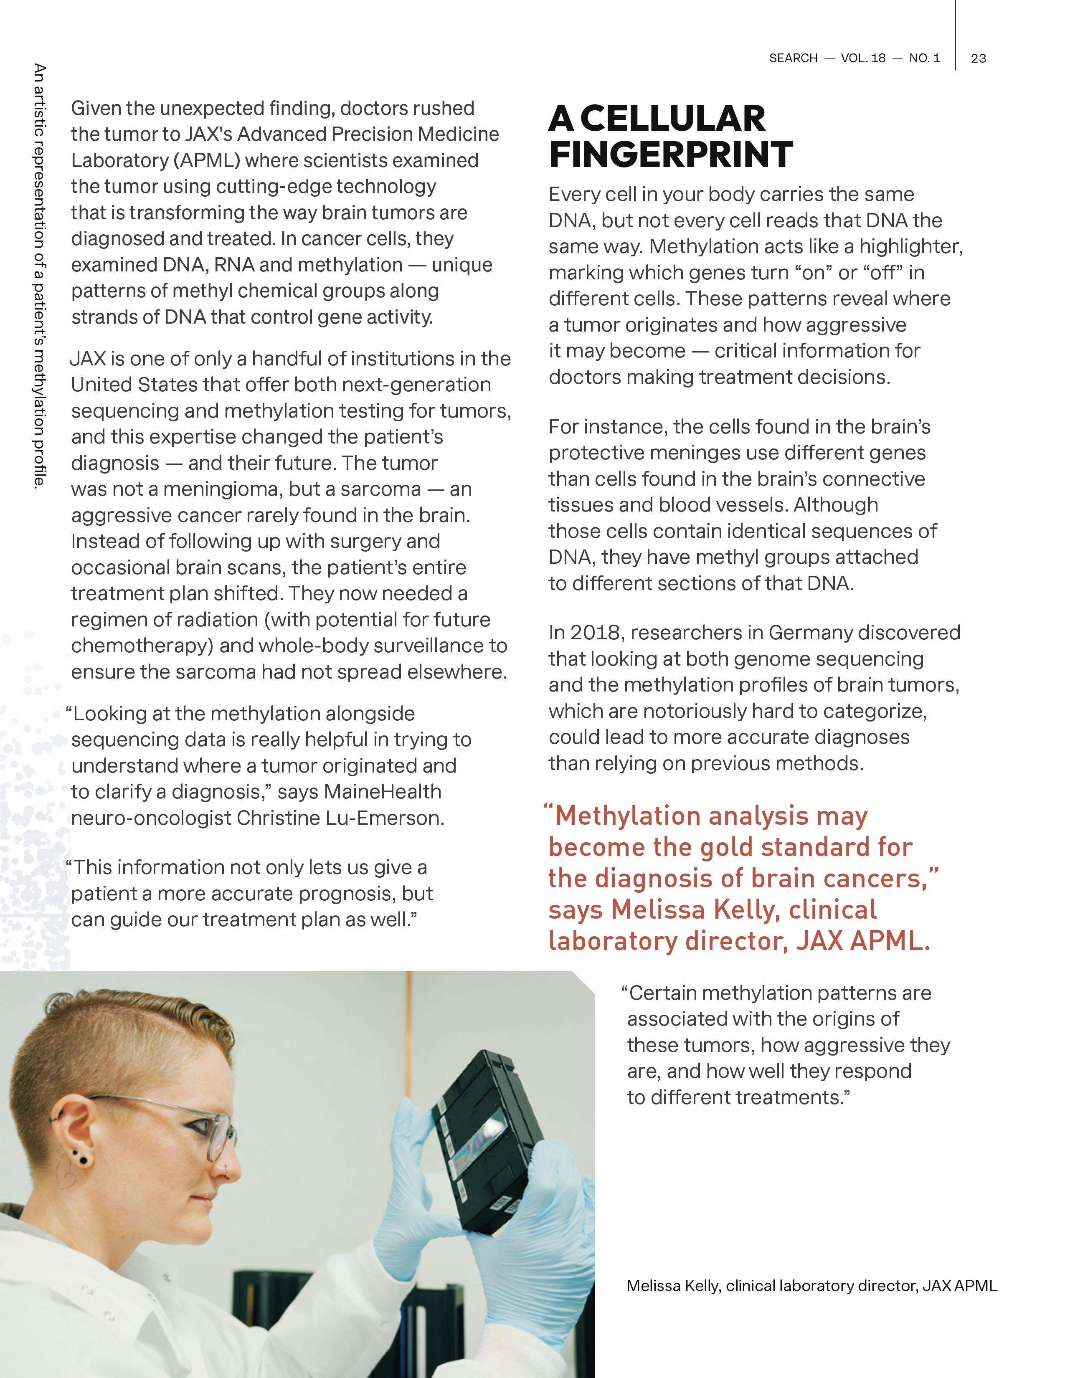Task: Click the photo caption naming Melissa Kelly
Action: (811, 1285)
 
